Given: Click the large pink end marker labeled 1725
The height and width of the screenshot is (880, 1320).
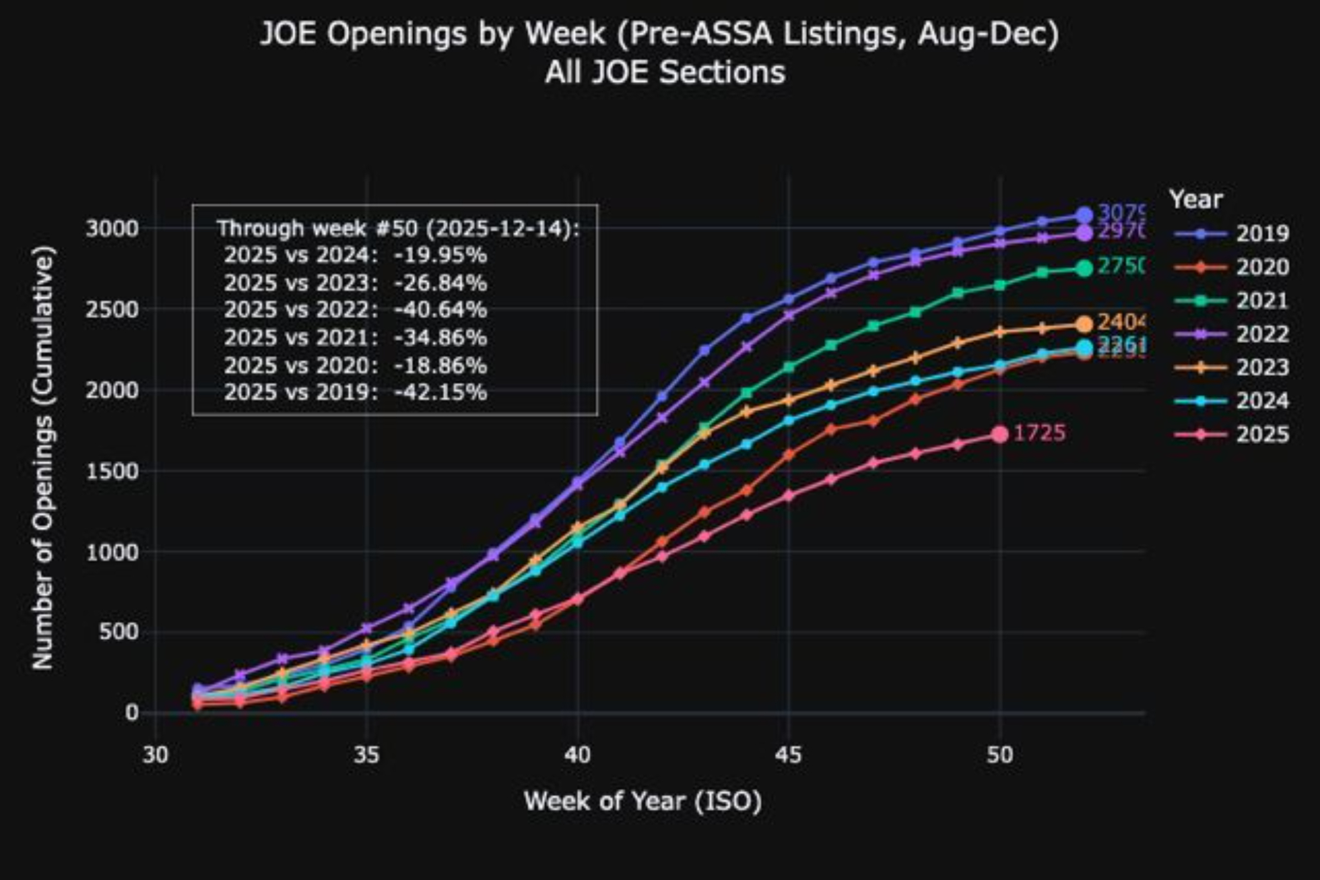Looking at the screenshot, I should point(1000,434).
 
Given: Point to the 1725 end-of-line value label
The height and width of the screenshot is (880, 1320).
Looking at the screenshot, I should point(1039,433).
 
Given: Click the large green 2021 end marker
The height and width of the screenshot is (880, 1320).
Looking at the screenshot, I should point(1084,268).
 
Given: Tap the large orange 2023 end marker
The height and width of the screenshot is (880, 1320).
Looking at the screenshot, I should point(1084,324).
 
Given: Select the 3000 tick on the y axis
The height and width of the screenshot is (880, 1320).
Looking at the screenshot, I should point(112,229).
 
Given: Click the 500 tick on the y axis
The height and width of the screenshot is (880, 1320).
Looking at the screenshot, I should point(119,632).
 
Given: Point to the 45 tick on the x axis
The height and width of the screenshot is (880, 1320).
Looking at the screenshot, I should point(789,755).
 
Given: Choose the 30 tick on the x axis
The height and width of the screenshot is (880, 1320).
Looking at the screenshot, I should point(156,755).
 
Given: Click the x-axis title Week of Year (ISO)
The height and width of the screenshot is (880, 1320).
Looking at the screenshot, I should point(643,801).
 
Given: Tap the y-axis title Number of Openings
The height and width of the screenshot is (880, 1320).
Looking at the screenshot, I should point(43,458).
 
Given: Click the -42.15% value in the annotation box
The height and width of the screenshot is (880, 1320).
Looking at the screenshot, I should point(441,393).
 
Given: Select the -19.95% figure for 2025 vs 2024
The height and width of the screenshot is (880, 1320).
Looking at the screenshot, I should point(441,255).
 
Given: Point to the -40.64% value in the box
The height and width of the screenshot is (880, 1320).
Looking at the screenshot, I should point(441,310).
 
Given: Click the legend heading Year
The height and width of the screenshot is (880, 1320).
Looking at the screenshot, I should point(1195,199).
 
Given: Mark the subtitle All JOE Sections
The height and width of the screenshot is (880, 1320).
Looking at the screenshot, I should point(665,72).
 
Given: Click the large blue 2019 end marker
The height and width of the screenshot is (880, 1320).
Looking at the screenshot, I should point(1084,215).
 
